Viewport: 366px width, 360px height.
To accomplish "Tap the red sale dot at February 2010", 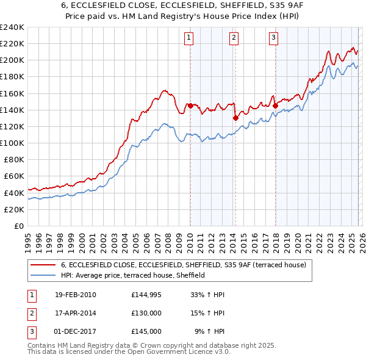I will coord(190,106).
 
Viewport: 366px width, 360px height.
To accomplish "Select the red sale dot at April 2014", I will coord(235,118).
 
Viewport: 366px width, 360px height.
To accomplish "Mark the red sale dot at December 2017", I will coord(275,106).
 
